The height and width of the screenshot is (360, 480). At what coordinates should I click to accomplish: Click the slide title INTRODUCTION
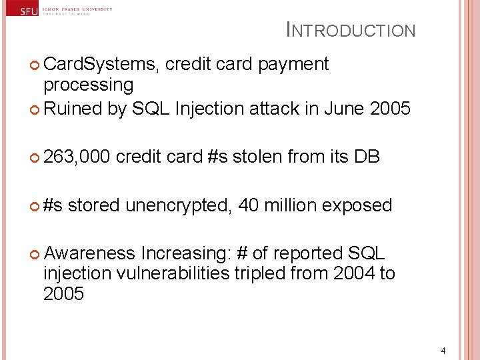[351, 30]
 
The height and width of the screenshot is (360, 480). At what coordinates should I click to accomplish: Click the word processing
[88, 85]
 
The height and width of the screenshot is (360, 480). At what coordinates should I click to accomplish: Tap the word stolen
[256, 157]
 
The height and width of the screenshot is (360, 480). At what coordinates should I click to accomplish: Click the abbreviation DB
[367, 157]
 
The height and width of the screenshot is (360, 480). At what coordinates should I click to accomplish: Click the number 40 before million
[249, 205]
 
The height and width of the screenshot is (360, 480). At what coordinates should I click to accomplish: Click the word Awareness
[89, 253]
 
